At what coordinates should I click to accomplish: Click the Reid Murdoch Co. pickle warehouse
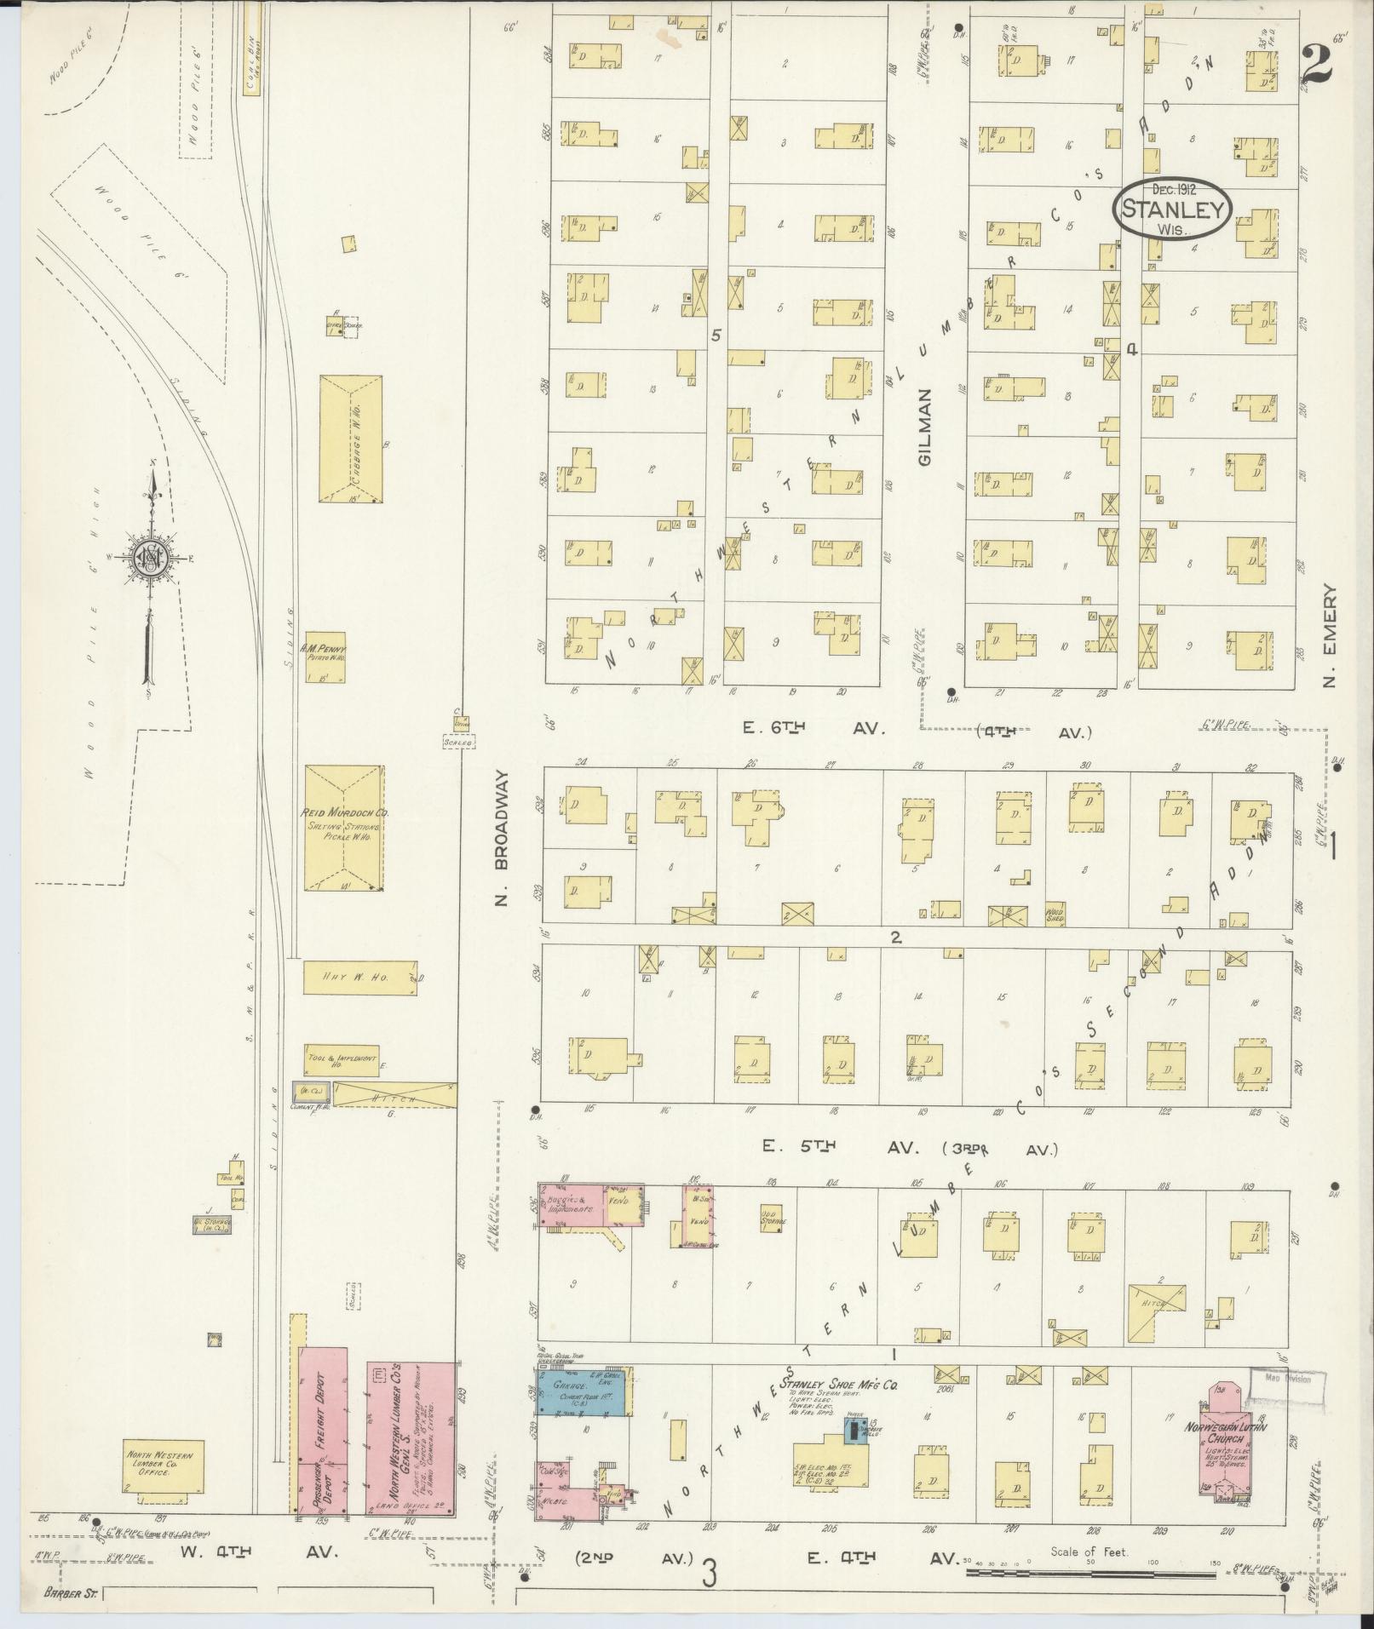(344, 827)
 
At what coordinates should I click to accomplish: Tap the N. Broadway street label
(503, 840)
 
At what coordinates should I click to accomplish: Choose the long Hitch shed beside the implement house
(394, 1094)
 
